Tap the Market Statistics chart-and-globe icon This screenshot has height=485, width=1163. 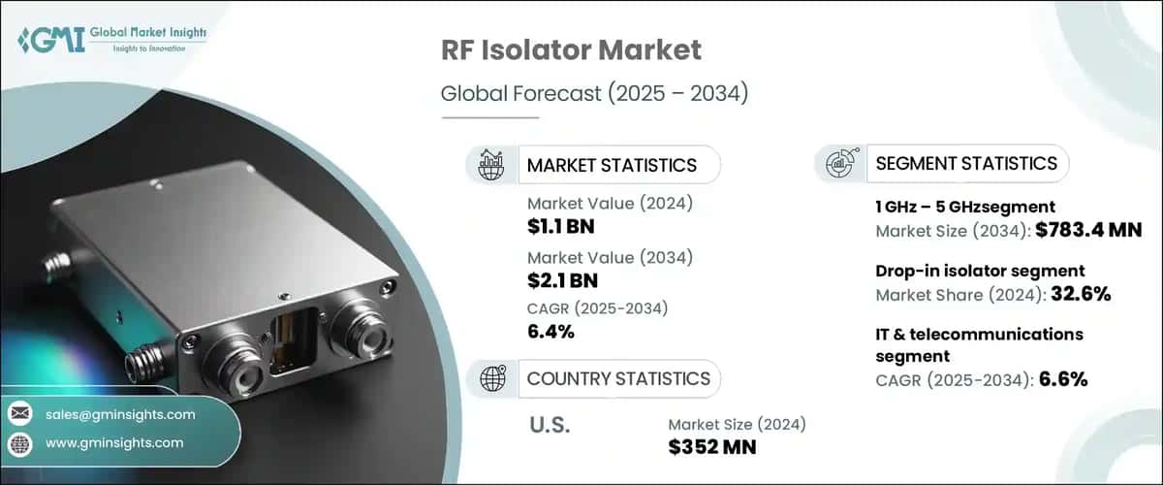(490, 164)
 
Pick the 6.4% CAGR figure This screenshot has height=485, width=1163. (551, 333)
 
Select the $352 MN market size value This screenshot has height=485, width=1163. (713, 447)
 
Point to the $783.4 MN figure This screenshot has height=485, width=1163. (1087, 231)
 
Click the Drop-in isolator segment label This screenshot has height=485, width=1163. (980, 271)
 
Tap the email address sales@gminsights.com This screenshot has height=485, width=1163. (120, 414)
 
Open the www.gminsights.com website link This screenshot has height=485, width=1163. (113, 443)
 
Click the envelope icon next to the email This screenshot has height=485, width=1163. (20, 414)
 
